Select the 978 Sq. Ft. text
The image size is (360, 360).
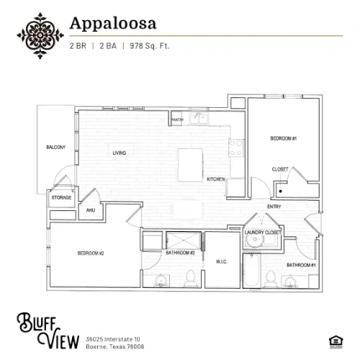[150, 45]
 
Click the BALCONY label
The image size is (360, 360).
[55, 148]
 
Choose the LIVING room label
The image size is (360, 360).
[119, 153]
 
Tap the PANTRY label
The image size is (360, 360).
[177, 120]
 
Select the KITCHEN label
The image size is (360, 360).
[216, 179]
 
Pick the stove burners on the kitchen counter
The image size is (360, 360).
[235, 147]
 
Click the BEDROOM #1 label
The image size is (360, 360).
[284, 138]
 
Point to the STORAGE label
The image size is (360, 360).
[60, 197]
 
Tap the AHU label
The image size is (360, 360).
[91, 210]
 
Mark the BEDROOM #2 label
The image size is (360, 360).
[91, 253]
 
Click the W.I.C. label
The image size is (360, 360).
[221, 261]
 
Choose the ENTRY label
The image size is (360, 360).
[274, 207]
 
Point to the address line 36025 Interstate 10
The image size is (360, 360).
[112, 319]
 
